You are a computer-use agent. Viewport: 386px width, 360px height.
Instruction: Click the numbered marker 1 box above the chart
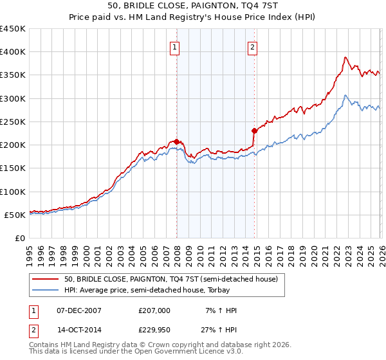click(x=175, y=47)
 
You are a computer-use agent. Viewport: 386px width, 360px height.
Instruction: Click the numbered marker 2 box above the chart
click(x=253, y=47)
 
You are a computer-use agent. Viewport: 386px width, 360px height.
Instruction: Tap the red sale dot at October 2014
click(x=254, y=131)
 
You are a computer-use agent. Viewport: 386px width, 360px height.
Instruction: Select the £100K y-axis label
click(x=13, y=192)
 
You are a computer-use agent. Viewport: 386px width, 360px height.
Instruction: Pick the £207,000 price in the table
click(x=154, y=310)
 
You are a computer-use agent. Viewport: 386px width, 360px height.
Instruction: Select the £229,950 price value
click(x=154, y=332)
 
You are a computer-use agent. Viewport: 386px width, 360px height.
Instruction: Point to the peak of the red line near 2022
click(x=345, y=57)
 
